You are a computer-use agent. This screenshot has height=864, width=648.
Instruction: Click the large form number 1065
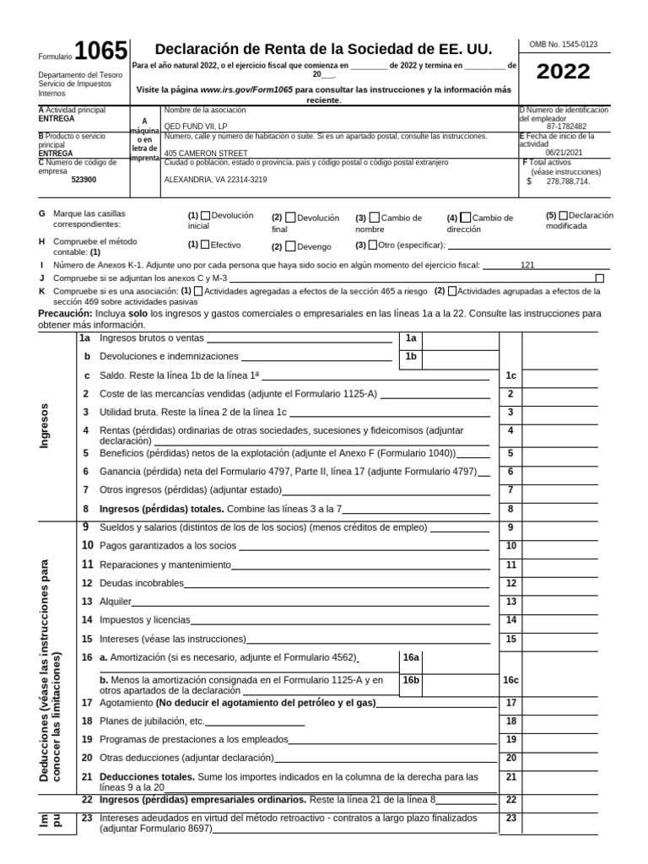(x=100, y=52)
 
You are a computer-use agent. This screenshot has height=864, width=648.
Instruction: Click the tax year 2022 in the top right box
(x=564, y=72)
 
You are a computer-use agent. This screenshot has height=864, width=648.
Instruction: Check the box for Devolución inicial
(x=206, y=216)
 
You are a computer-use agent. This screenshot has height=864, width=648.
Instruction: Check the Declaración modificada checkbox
(x=564, y=215)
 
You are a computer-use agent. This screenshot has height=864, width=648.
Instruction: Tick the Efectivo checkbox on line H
(x=205, y=245)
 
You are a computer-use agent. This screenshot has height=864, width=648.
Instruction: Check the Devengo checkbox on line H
(x=290, y=246)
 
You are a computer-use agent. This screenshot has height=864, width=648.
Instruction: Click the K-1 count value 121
(x=527, y=265)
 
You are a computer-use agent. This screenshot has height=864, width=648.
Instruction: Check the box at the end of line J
(x=600, y=278)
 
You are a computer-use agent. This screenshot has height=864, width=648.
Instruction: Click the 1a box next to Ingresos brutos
(x=411, y=337)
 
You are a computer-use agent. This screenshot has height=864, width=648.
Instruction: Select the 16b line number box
(x=411, y=678)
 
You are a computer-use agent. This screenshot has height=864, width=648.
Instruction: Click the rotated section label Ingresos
(x=45, y=426)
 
